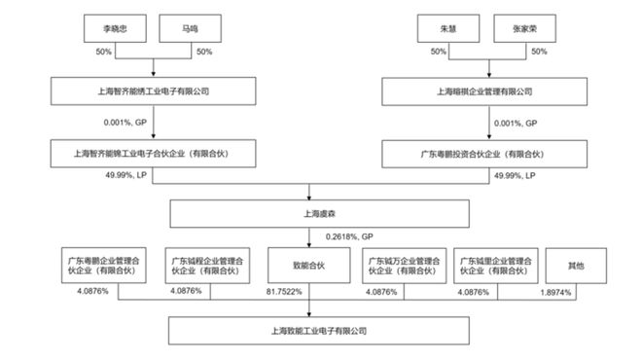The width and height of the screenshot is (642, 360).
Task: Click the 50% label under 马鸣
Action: click(204, 51)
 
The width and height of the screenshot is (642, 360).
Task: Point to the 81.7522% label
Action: click(284, 291)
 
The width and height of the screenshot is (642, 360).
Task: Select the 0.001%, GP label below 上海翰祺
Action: click(516, 124)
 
